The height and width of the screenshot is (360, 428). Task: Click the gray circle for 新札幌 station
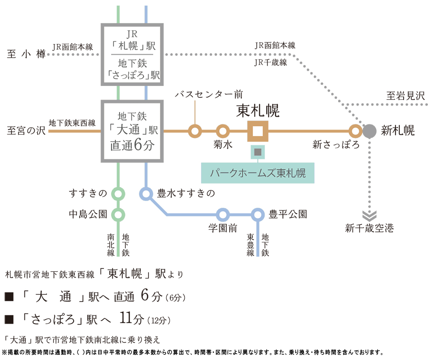pos(369,131)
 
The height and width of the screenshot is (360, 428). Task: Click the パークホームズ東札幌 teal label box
pos(258,173)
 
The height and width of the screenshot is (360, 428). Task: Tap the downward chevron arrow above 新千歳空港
pos(369,215)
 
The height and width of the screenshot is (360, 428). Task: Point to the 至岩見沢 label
pos(406,96)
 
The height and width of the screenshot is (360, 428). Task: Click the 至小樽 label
pos(26,54)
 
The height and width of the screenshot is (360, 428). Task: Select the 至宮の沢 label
pos(26,130)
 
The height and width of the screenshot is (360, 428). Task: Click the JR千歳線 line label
pos(270,62)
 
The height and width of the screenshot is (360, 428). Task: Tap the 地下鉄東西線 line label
pos(72,123)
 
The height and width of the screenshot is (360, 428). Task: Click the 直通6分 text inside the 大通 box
pos(132,145)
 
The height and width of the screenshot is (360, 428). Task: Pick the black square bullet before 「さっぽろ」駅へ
pos(9,319)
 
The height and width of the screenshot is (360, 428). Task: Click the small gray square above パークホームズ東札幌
pos(258,152)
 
